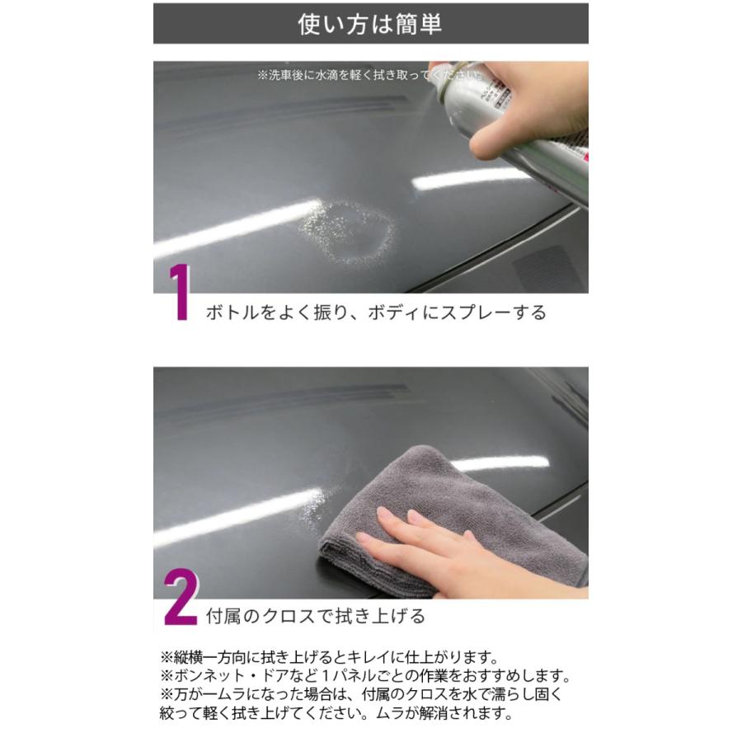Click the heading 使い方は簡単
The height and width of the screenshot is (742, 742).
tap(370, 23)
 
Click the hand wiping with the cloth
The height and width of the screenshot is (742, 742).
tap(462, 548)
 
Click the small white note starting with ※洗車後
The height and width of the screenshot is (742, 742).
tap(369, 75)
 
